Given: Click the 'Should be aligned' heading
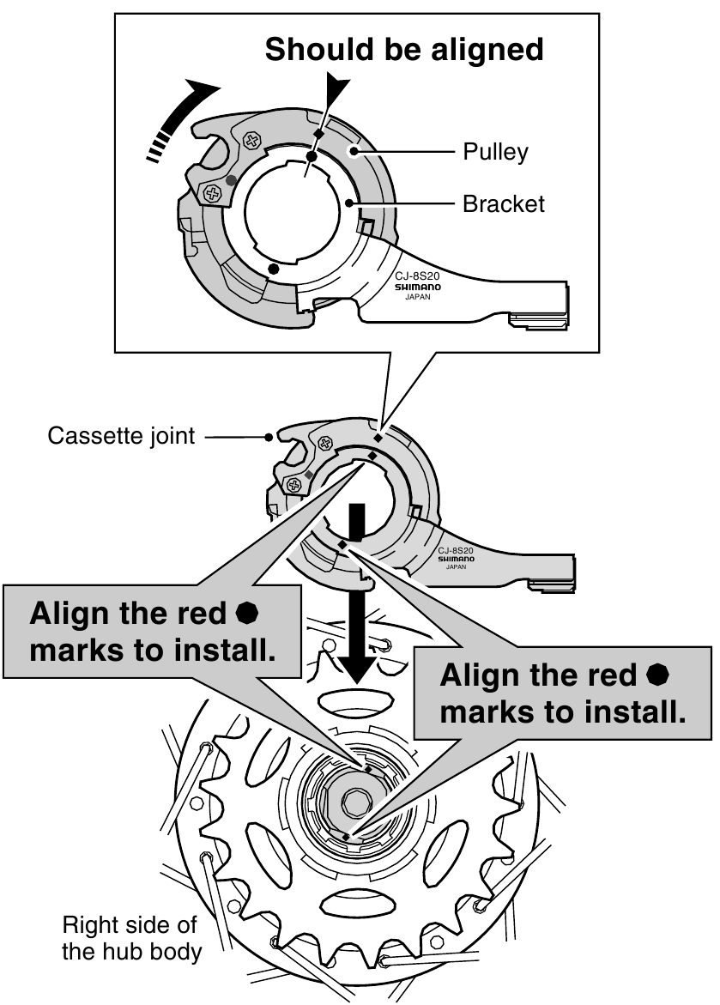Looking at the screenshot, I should tap(404, 49).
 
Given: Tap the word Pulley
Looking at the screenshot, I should tap(495, 152).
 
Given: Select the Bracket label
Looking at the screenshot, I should tap(503, 204).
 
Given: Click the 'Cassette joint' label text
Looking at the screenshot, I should tap(121, 436).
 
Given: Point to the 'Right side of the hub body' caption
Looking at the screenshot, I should tap(130, 939).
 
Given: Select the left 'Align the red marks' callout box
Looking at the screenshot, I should tap(153, 632).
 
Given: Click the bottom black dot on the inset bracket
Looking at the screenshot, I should tap(273, 269).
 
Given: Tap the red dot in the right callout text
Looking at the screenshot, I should tap(659, 675).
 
